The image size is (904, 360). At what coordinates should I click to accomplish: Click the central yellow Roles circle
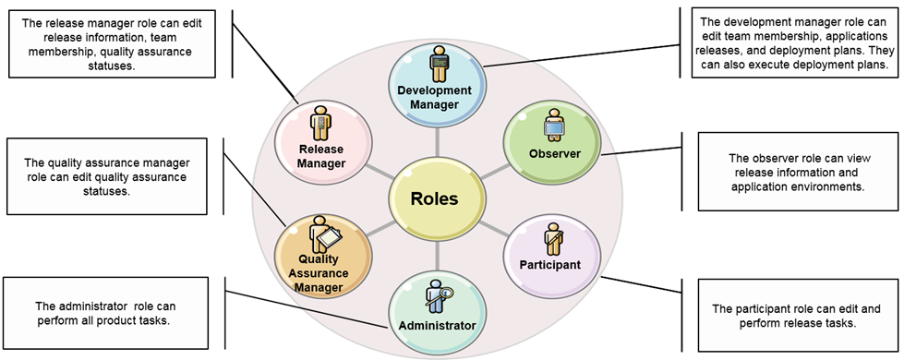click(434, 198)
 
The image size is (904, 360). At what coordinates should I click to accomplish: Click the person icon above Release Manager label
click(321, 123)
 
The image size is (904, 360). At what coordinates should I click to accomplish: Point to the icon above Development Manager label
click(436, 66)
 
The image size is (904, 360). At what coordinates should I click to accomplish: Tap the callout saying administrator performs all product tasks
click(115, 313)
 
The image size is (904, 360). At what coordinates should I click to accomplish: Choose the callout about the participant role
click(791, 316)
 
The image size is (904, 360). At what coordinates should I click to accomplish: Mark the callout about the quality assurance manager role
click(115, 170)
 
